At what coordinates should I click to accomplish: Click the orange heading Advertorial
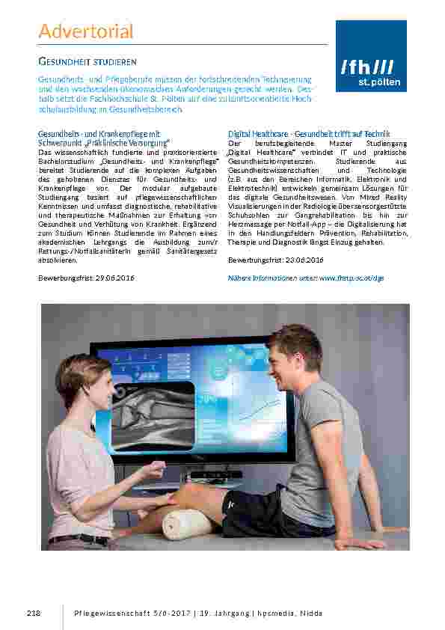[85, 31]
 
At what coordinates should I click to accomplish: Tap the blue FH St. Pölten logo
[371, 56]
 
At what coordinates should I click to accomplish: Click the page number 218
[33, 613]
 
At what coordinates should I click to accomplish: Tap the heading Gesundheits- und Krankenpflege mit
[99, 133]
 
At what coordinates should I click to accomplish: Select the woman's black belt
[78, 539]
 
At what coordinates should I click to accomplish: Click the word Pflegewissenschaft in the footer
[112, 613]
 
